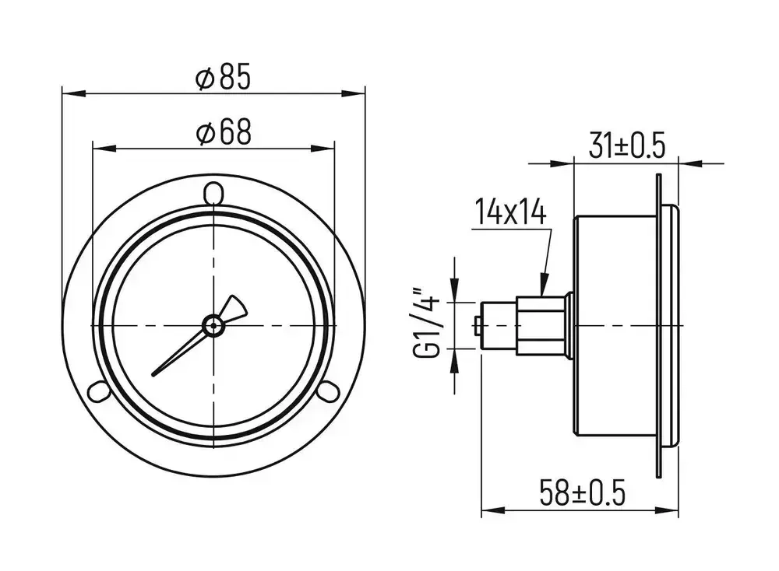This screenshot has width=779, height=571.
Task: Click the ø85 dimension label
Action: (224, 78)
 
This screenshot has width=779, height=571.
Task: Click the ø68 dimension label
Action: (224, 133)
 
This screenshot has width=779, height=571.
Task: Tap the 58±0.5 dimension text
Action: (583, 492)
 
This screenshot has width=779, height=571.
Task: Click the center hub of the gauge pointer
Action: (213, 324)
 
